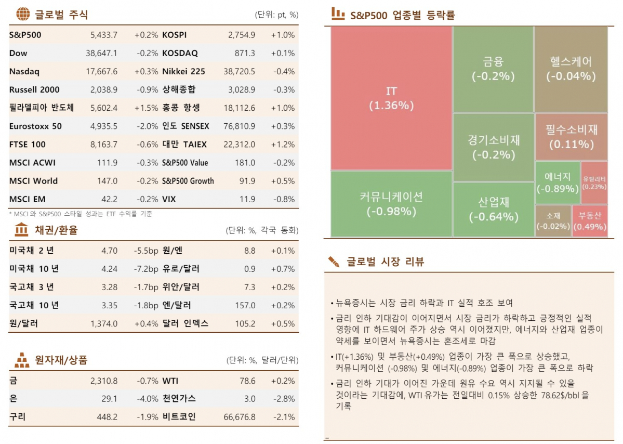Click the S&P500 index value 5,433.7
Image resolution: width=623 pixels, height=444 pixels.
pos(104,35)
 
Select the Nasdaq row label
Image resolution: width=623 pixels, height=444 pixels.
pos(24,72)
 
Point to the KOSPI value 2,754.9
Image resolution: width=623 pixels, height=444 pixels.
pos(242,35)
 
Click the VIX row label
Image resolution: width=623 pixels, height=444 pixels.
pos(170,199)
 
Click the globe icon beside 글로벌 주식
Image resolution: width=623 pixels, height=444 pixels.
pos(23,14)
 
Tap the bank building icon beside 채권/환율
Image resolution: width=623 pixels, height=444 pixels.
pos(22,229)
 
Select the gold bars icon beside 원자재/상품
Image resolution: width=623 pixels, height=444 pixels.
pos(22,359)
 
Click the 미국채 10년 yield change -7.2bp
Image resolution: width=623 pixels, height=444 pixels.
pos(145,269)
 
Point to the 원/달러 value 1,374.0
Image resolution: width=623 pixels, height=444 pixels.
pos(104,323)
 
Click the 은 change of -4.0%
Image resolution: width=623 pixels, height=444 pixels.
pos(147,399)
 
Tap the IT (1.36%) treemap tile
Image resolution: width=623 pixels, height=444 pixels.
pos(391,98)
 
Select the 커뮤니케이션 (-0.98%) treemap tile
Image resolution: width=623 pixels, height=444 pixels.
pos(391,204)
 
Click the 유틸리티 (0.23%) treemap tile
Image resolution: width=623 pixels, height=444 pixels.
pos(594,182)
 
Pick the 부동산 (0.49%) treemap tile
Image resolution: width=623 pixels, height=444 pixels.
pos(590,221)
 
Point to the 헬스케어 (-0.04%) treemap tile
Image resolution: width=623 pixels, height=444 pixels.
pos(571,69)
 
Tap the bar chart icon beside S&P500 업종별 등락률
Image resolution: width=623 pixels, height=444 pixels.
pos(338,14)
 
